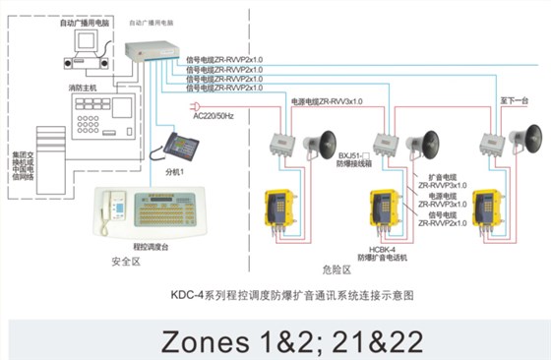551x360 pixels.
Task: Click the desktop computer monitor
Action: [x=89, y=42]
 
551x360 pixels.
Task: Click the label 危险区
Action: [x=337, y=268]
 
